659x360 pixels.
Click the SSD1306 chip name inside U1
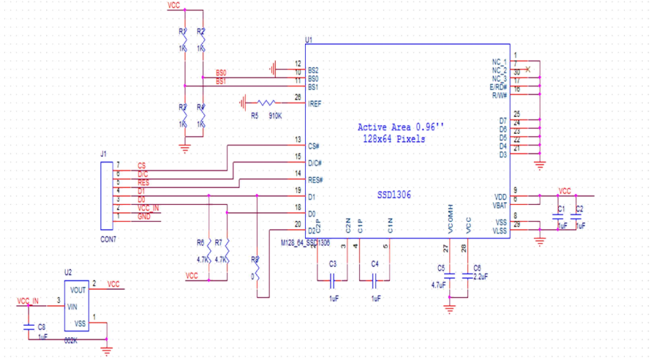(x=395, y=195)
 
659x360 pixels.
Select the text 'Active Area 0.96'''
(x=400, y=127)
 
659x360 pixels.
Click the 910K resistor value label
(x=276, y=116)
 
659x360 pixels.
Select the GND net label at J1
(x=144, y=217)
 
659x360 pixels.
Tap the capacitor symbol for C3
(x=333, y=279)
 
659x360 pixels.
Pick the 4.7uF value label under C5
(x=438, y=285)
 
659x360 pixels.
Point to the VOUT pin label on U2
(x=79, y=290)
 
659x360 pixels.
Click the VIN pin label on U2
(x=72, y=307)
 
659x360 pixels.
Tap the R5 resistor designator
(x=255, y=116)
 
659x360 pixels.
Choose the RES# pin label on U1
(x=316, y=179)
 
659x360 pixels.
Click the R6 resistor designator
(x=200, y=242)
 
